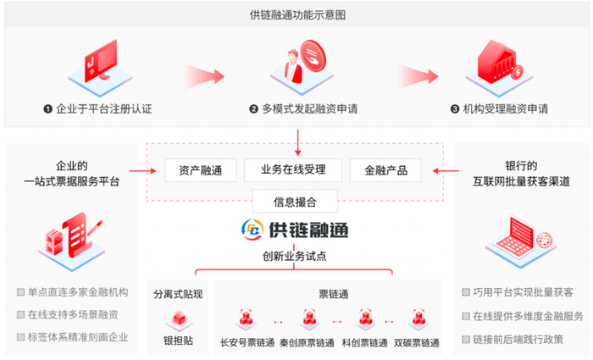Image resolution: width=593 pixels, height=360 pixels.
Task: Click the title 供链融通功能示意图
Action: click(297, 14)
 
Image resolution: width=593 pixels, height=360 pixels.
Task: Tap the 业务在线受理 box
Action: click(293, 169)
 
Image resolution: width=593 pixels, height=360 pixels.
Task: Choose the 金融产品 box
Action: click(385, 169)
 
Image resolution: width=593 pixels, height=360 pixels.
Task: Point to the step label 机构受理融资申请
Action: click(499, 109)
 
